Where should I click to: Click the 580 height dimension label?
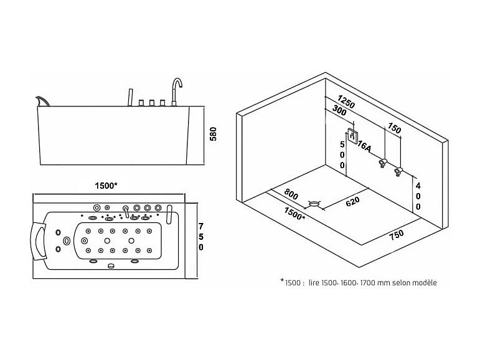tap(212, 135)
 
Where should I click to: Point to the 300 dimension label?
tap(340, 112)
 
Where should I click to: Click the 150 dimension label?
tap(393, 128)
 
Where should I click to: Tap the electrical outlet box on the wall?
tap(352, 135)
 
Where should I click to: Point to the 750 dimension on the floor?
tap(397, 234)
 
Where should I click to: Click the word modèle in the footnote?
tap(423, 282)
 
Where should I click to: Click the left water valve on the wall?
tap(382, 163)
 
